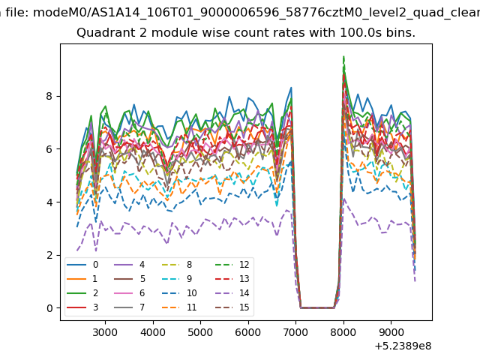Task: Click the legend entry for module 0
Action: point(82,265)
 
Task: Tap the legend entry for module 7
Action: point(129,307)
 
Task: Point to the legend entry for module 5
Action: point(129,279)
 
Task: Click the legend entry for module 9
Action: point(177,279)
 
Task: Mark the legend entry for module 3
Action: point(82,307)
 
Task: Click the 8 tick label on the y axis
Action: point(49,96)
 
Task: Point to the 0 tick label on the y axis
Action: point(49,308)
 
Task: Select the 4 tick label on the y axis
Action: point(49,202)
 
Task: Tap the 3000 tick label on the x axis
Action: point(105,332)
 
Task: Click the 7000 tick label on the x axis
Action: point(295,332)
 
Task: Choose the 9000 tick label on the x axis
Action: point(391,332)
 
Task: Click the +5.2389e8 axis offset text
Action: point(403,346)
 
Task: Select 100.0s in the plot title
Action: point(361,32)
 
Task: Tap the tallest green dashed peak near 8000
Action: point(343,56)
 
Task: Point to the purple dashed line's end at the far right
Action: point(415,281)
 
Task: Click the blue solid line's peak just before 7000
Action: point(291,88)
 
